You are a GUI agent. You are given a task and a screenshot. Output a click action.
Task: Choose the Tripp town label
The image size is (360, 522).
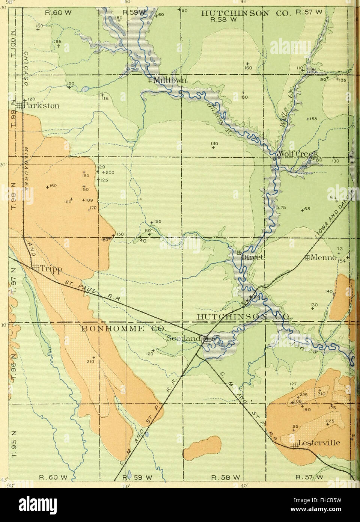49,268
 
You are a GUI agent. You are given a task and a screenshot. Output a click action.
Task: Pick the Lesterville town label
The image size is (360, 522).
319,443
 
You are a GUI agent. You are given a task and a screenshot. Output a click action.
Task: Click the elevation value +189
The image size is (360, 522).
87,200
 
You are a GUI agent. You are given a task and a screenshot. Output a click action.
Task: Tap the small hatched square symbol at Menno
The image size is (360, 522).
307,258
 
